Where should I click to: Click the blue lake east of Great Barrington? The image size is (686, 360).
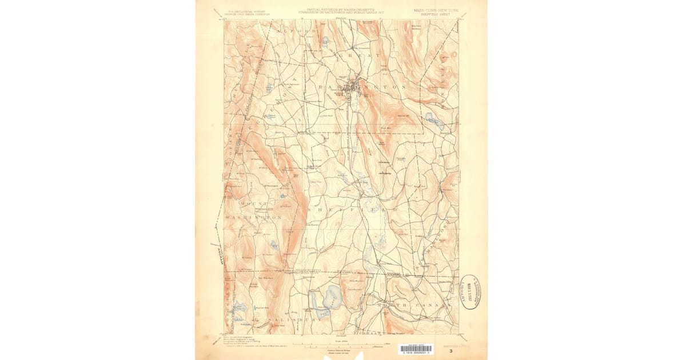click(x=430, y=119)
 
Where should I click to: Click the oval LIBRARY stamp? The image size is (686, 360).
click(x=469, y=292)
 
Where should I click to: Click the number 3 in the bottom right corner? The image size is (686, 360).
click(x=451, y=351)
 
